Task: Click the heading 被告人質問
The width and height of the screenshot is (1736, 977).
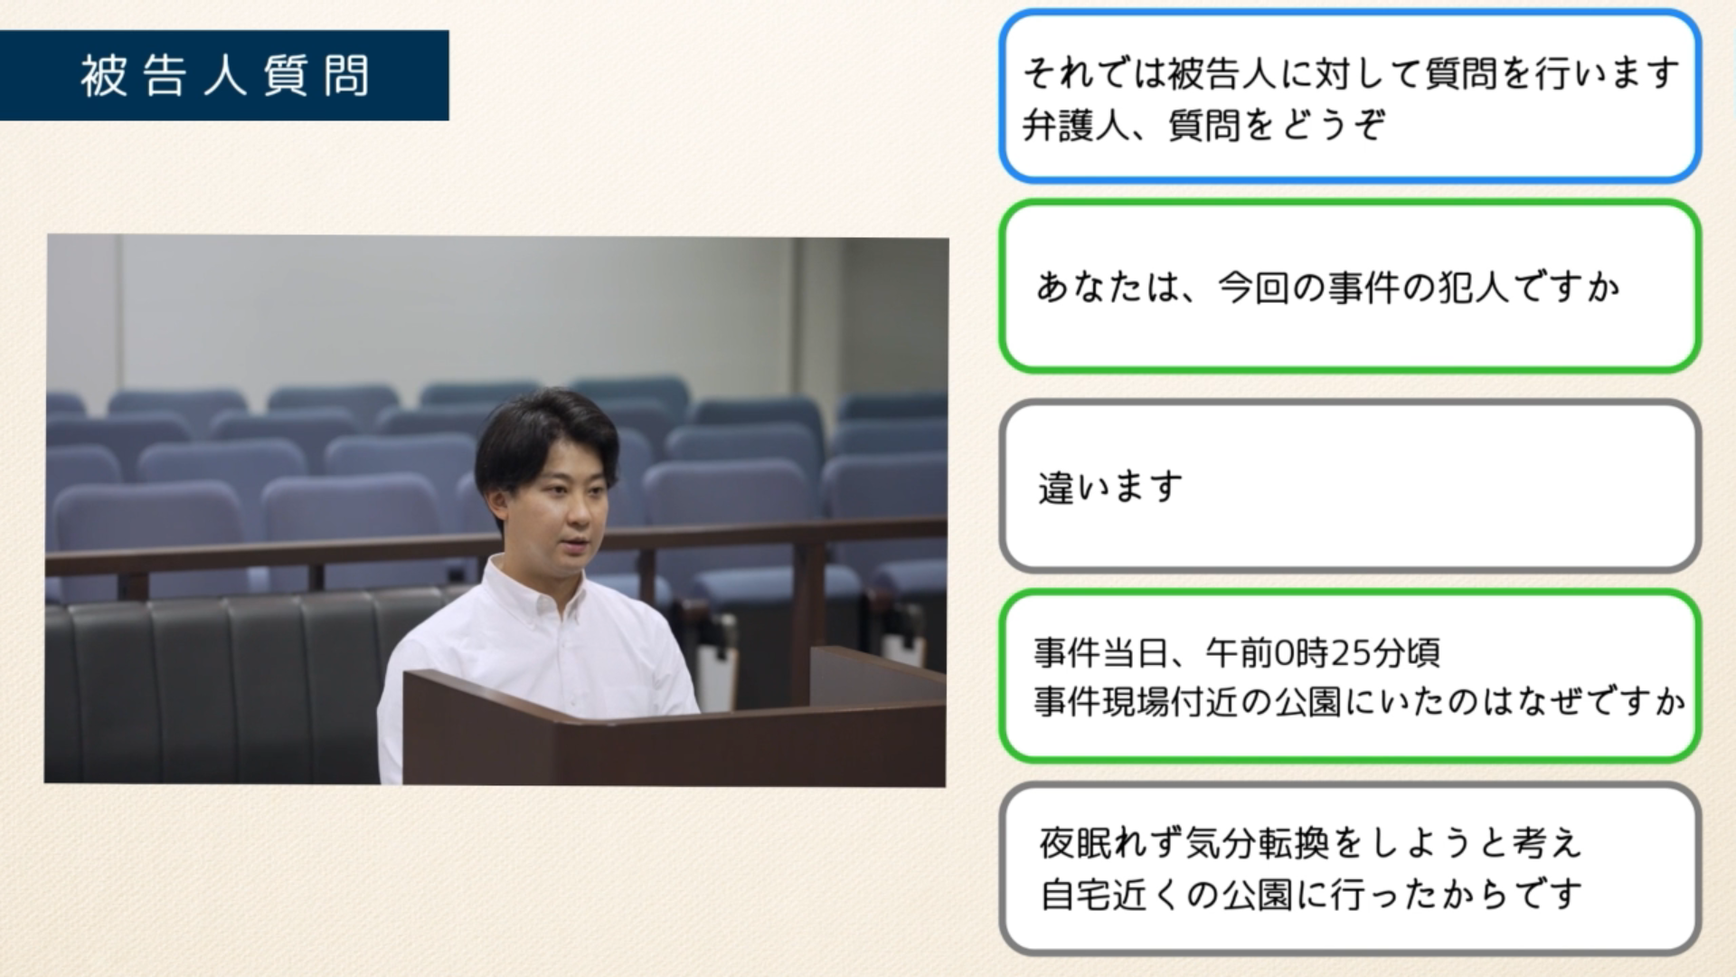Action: click(x=225, y=76)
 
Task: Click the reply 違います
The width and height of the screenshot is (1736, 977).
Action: click(x=1110, y=488)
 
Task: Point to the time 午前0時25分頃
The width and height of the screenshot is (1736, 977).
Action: click(x=1323, y=651)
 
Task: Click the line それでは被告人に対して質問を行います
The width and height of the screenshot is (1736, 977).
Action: click(x=1351, y=73)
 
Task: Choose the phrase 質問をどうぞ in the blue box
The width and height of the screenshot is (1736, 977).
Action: click(x=1276, y=125)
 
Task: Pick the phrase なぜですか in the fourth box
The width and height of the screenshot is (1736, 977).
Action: click(x=1595, y=702)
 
